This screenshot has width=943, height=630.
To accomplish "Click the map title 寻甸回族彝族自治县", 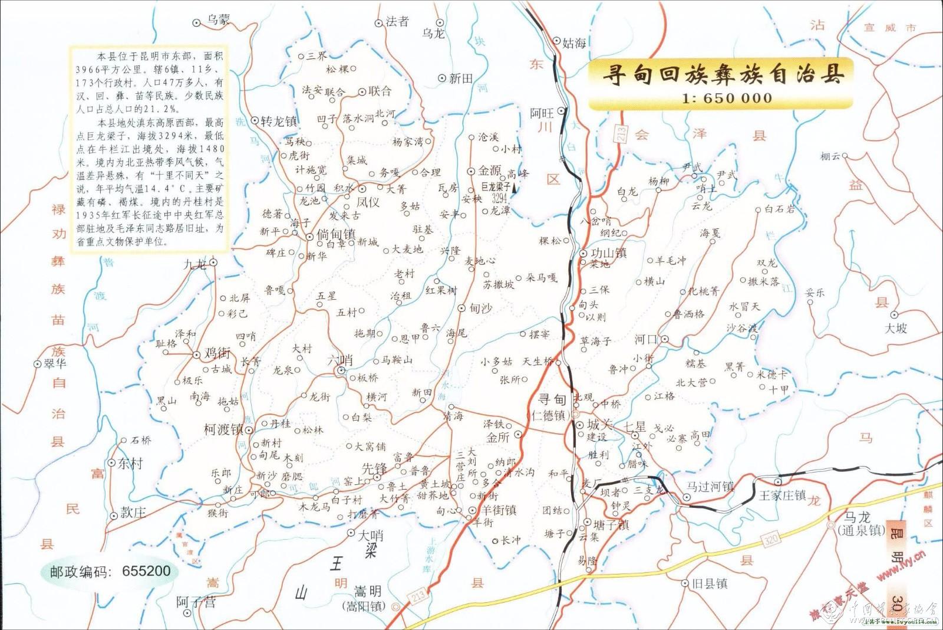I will click(x=723, y=74).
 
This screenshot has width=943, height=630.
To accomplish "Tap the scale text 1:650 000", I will click(x=727, y=99).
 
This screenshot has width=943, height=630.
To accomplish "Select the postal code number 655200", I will click(x=146, y=571).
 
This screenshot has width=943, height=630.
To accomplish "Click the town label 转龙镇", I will click(x=278, y=122).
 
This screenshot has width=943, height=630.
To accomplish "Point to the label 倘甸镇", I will click(x=336, y=234).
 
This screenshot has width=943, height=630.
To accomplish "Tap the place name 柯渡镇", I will click(x=223, y=429).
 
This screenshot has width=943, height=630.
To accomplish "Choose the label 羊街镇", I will click(x=499, y=510).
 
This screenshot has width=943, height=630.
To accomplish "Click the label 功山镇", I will click(x=609, y=253).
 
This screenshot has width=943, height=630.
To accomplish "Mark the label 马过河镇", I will click(x=710, y=487).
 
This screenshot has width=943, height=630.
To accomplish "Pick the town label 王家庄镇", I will click(x=782, y=495).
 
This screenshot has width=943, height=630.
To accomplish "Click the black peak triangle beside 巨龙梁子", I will click(x=515, y=189).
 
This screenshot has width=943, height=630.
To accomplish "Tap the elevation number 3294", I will click(x=500, y=199).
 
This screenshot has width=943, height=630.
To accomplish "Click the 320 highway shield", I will click(x=770, y=539).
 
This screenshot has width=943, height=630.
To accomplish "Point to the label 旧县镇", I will click(x=710, y=583).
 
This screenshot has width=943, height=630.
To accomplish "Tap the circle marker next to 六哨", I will click(x=341, y=370).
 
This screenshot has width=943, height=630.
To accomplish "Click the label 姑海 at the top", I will click(x=574, y=42).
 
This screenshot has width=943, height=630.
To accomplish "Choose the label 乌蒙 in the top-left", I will click(x=218, y=20).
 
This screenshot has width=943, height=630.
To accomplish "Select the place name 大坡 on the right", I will click(x=896, y=328).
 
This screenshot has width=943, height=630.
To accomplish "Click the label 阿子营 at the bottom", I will click(x=196, y=602).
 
